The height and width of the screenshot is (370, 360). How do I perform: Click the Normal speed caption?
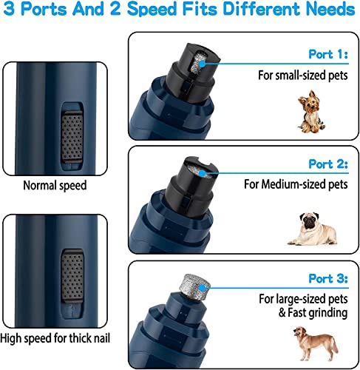tap(54, 186)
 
